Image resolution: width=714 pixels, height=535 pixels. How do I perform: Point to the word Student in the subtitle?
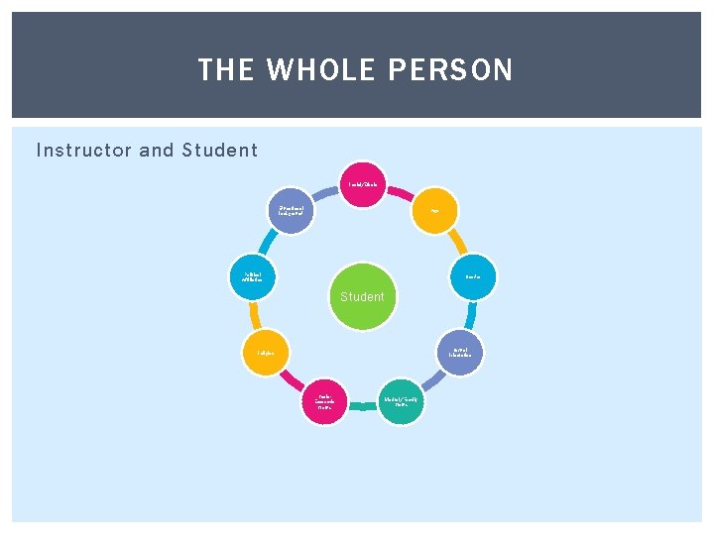click(219, 151)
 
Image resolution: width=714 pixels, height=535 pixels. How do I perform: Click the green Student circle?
click(362, 295)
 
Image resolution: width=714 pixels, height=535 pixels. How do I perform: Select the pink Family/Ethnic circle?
click(362, 184)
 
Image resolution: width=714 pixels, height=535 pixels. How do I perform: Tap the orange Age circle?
click(433, 211)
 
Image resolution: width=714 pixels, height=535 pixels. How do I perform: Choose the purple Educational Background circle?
click(292, 211)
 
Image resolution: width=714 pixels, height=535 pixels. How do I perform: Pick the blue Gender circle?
click(474, 277)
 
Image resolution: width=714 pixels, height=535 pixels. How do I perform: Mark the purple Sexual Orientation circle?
click(460, 353)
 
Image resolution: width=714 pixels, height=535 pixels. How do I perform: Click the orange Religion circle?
click(265, 353)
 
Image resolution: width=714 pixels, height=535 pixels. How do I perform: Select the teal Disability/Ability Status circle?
click(401, 402)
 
